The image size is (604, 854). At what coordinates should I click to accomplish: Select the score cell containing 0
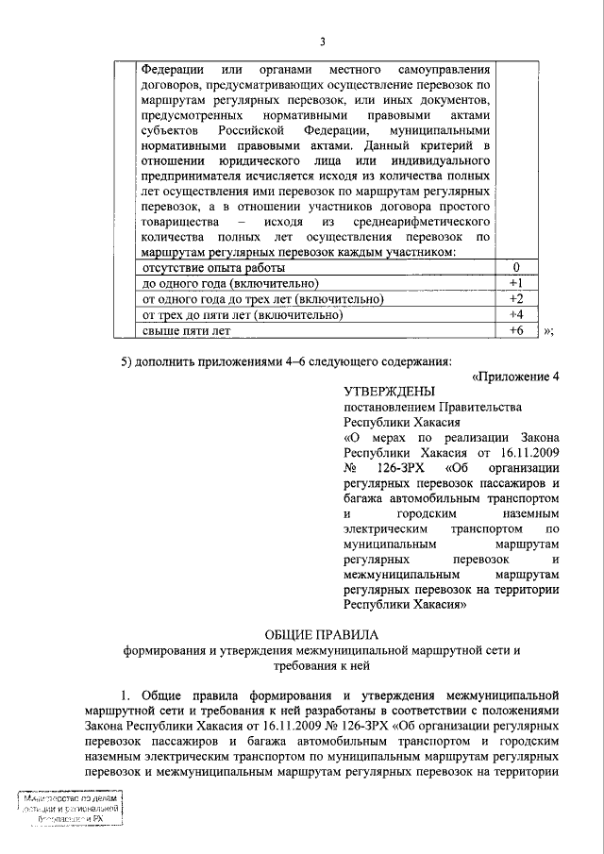[x=515, y=267]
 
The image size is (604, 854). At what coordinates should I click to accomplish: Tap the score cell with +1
[x=515, y=283]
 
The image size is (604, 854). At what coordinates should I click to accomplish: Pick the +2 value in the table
[x=515, y=299]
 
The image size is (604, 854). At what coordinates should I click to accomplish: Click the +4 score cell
[x=515, y=315]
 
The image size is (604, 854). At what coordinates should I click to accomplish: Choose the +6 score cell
[x=515, y=331]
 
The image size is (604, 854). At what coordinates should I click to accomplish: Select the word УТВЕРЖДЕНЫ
[x=390, y=392]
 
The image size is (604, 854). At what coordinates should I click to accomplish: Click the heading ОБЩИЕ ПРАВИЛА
[x=325, y=634]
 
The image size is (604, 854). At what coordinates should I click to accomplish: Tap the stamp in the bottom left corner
[x=71, y=809]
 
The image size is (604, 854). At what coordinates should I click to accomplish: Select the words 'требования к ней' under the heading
[x=325, y=665]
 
